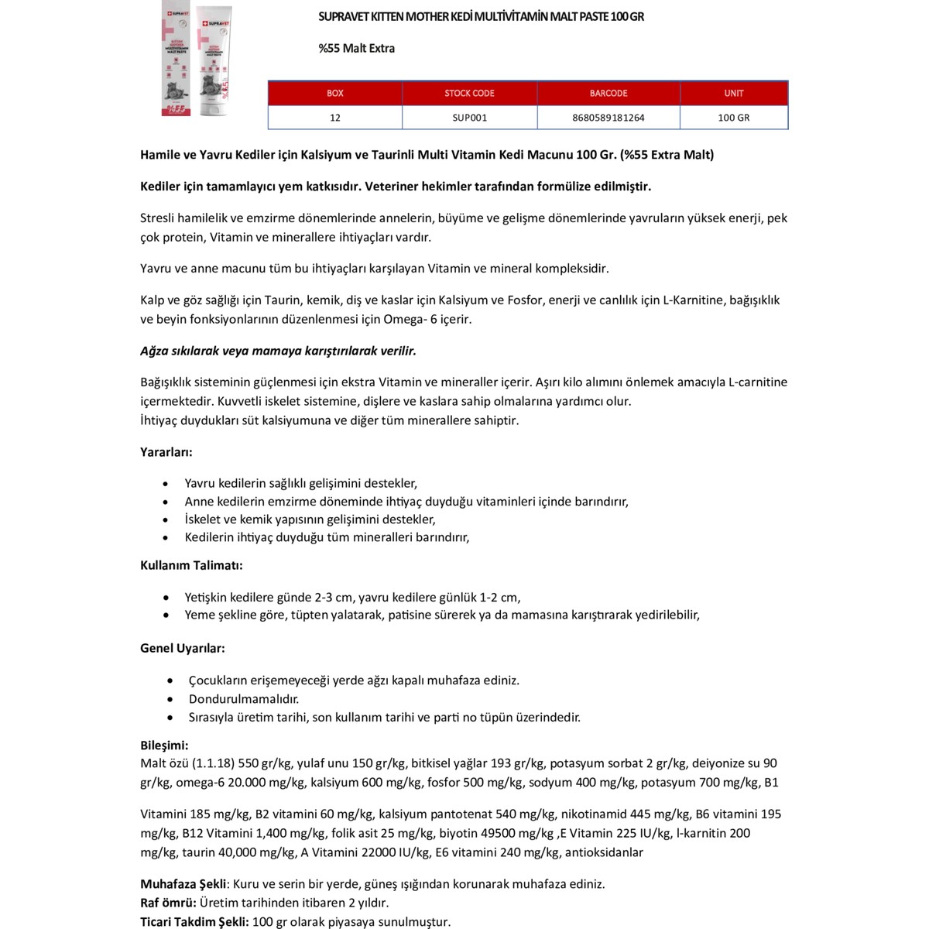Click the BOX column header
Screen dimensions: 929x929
[x=334, y=93]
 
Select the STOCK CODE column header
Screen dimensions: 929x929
[x=469, y=93]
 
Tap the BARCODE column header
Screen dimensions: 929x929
[x=608, y=93]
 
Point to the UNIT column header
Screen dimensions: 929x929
[x=734, y=93]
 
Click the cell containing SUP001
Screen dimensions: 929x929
[x=469, y=118]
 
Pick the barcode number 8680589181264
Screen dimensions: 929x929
[x=608, y=118]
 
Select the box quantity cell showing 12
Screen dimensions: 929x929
[x=334, y=118]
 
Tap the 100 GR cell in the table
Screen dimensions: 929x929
[x=734, y=118]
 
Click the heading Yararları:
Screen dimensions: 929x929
[x=166, y=452]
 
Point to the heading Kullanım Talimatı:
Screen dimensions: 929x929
[x=191, y=565]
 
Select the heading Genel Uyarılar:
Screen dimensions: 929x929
[x=183, y=648]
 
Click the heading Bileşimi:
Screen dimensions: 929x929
[x=164, y=746]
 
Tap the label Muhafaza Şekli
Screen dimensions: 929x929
[x=183, y=884]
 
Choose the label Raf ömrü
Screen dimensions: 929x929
[x=168, y=903]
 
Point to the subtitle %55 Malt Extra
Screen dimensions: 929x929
[x=356, y=48]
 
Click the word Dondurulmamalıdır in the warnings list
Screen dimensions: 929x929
[x=244, y=699]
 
